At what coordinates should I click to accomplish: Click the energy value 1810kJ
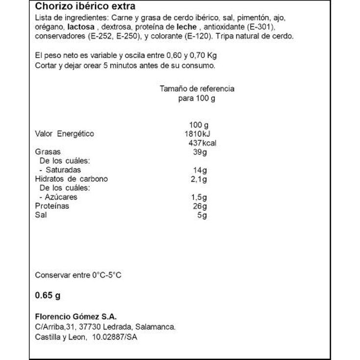click(198, 134)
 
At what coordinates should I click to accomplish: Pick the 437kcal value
click(202, 143)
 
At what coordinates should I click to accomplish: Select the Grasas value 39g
click(200, 152)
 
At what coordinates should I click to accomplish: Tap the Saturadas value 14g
click(200, 170)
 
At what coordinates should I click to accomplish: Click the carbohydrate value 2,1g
click(199, 179)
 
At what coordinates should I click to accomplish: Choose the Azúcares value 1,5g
click(199, 197)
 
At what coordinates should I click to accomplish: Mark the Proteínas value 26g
click(200, 206)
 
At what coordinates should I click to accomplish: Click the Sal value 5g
click(202, 215)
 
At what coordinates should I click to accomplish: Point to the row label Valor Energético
click(64, 134)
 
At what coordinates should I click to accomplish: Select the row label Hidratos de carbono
click(71, 179)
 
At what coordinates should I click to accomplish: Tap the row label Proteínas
click(52, 206)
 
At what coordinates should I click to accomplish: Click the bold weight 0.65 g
click(47, 296)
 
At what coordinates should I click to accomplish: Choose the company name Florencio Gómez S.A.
click(76, 317)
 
